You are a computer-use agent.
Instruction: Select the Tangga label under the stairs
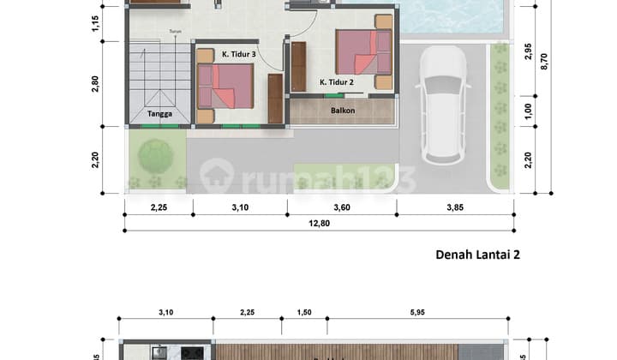click(158, 112)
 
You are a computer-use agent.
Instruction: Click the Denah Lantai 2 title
click(478, 254)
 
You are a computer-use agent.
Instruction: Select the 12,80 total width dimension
click(319, 224)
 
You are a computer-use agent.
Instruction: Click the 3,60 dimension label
click(342, 207)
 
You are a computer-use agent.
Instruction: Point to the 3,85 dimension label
click(454, 207)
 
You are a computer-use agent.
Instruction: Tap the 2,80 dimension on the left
click(96, 83)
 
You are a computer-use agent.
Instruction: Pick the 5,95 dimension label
click(417, 312)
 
